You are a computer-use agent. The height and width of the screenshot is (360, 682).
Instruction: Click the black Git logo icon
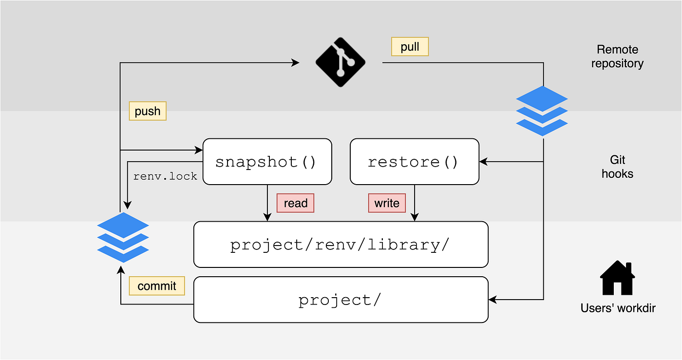(x=341, y=62)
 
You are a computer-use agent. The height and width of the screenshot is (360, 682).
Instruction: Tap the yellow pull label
(x=410, y=47)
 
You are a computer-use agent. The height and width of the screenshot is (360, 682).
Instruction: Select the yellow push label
(x=148, y=111)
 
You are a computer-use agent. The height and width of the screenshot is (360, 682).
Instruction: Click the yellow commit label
(x=157, y=286)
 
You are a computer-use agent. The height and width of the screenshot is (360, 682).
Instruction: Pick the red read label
(x=295, y=203)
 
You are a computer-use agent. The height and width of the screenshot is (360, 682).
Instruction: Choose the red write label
(x=387, y=203)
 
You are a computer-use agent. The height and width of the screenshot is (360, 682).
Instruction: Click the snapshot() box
(x=267, y=162)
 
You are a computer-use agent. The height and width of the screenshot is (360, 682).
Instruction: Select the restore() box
(x=414, y=162)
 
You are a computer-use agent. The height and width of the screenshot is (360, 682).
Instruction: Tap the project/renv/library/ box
(x=341, y=245)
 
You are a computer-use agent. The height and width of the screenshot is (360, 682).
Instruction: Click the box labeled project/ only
(x=341, y=300)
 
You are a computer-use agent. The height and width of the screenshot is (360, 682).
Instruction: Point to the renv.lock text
(x=165, y=176)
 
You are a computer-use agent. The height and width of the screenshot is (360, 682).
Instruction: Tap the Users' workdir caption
(x=618, y=308)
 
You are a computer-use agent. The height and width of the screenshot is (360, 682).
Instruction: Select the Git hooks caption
(x=617, y=167)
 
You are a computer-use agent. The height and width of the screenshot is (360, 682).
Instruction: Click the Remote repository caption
(x=617, y=56)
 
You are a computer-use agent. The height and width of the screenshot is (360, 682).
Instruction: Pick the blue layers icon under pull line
(x=542, y=111)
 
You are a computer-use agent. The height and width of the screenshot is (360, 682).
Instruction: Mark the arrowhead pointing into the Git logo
(x=296, y=62)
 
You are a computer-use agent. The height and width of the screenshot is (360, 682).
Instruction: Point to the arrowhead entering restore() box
(x=483, y=162)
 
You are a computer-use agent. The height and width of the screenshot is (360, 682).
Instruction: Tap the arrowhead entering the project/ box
(x=493, y=300)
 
